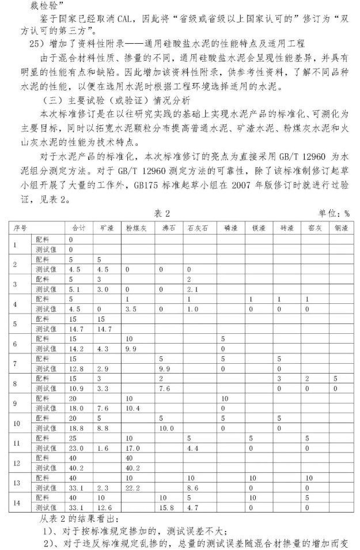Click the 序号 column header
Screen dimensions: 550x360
coord(21,228)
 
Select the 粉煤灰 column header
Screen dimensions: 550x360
coord(137,228)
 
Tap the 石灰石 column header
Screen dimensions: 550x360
coord(198,228)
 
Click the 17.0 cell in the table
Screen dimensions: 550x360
coord(133,447)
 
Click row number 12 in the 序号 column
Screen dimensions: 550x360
coord(16,462)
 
